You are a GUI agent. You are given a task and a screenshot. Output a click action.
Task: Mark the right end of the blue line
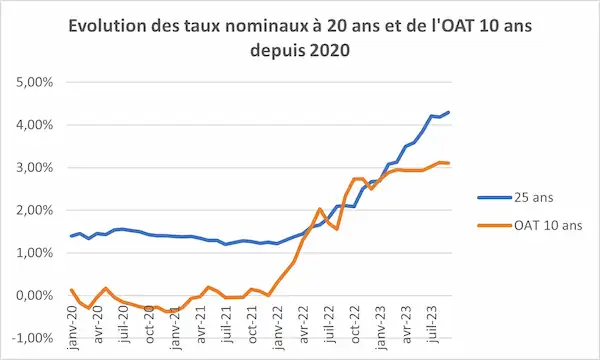click(x=449, y=112)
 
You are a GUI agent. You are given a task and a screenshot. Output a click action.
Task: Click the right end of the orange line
click(x=449, y=163)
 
